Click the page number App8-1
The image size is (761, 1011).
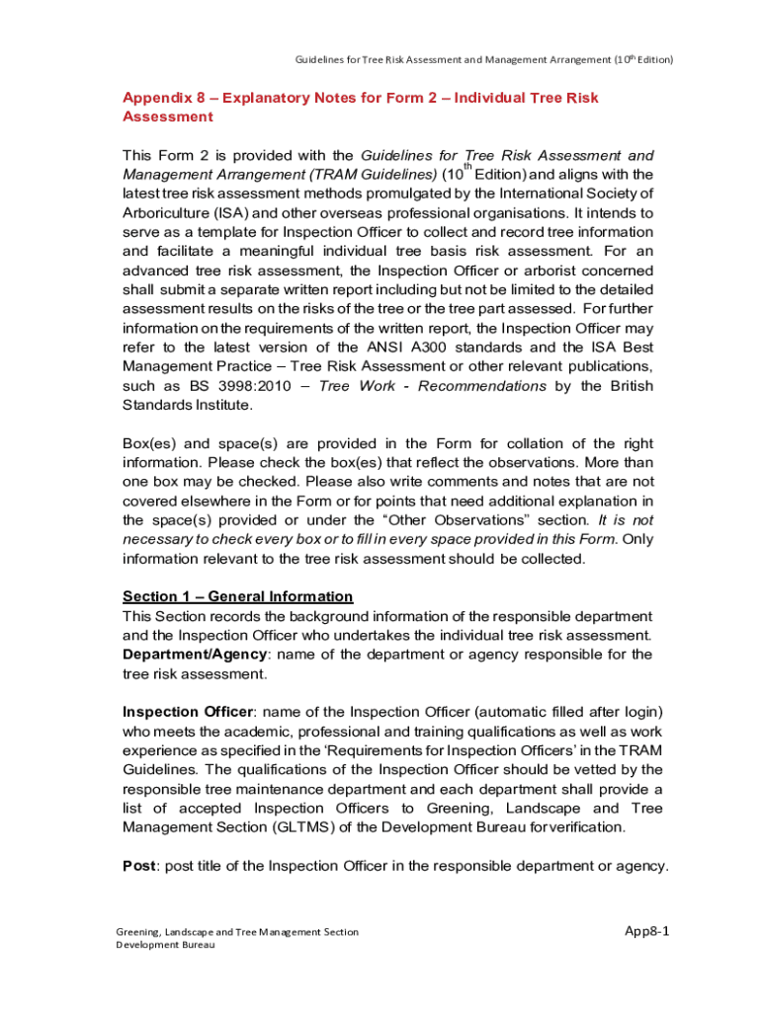tap(648, 931)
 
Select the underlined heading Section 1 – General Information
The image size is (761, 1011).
tap(237, 596)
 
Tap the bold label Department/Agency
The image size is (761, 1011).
tap(194, 654)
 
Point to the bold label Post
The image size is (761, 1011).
tap(139, 865)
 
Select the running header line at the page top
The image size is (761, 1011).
tap(483, 59)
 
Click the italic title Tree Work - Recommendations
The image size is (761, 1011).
tap(433, 385)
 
